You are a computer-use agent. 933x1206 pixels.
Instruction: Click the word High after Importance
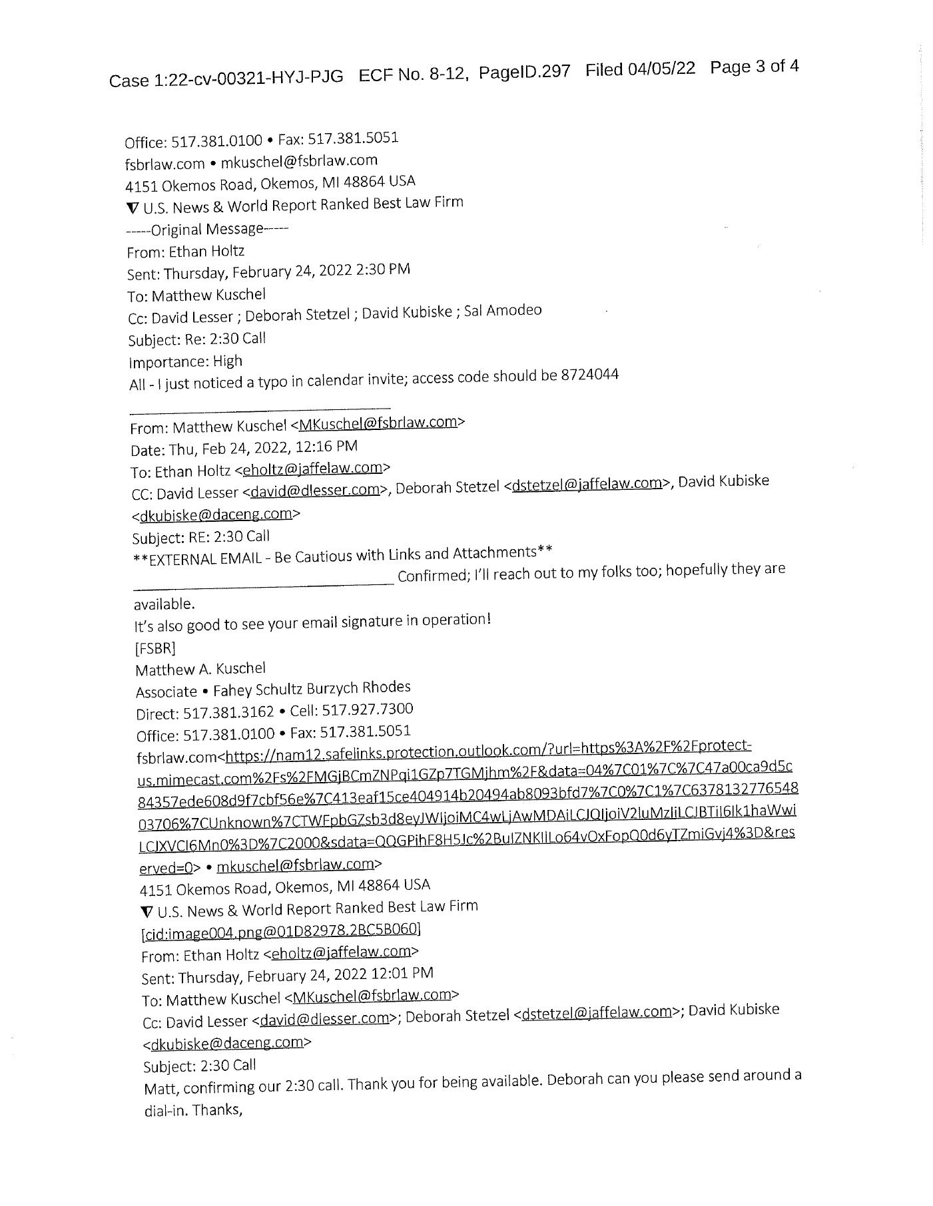point(228,361)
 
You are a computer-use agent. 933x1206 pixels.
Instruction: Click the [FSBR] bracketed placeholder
point(155,648)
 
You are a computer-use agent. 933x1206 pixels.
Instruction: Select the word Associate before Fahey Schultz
point(166,692)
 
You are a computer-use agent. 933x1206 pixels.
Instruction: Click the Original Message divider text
point(207,230)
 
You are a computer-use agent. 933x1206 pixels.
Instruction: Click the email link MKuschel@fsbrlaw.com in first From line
point(378,422)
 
